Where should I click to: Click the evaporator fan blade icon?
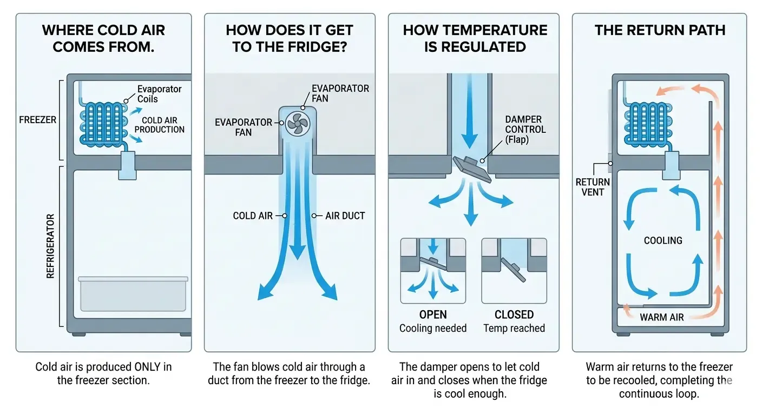(298, 124)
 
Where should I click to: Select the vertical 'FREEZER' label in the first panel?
(38, 120)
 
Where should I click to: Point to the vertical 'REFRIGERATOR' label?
(50, 246)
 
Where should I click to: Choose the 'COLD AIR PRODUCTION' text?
(160, 125)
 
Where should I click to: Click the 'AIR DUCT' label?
(345, 216)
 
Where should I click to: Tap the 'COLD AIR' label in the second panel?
(253, 216)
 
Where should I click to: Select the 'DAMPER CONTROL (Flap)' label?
(525, 130)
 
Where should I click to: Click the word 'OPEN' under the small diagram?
(433, 314)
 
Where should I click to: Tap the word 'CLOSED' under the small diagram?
(514, 314)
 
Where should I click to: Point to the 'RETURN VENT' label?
(593, 186)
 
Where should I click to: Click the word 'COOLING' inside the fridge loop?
(663, 240)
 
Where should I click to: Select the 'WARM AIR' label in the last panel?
(661, 317)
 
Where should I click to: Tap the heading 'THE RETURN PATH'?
(660, 30)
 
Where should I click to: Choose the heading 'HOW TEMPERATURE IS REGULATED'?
(475, 38)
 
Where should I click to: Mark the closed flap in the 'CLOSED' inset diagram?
(513, 269)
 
